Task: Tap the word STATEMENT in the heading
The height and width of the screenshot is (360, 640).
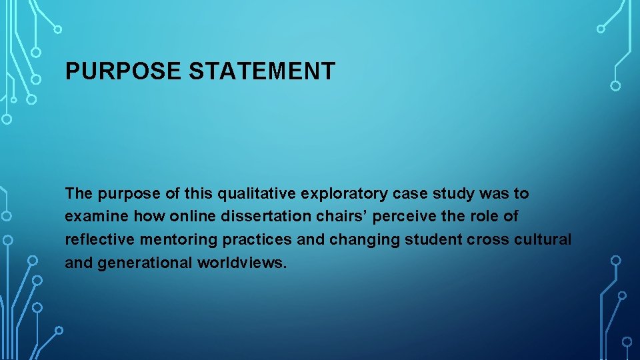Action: pos(262,71)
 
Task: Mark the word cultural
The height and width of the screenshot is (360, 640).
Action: pos(543,239)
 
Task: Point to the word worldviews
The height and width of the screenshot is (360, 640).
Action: pos(242,263)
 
